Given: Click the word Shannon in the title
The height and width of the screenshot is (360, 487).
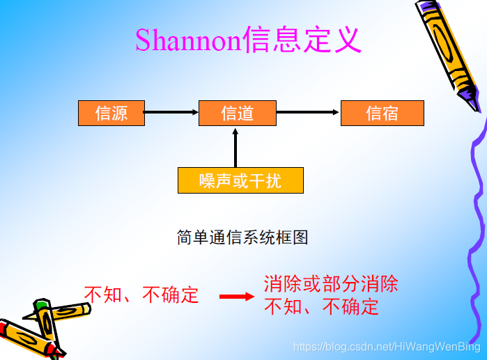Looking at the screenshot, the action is [187, 40].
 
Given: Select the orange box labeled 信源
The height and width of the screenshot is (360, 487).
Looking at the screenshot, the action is [111, 113].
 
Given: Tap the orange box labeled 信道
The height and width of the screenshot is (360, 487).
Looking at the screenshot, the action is [237, 113].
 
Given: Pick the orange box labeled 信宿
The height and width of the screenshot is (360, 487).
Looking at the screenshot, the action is [382, 113].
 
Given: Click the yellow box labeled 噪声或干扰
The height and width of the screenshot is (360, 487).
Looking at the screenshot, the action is [240, 180].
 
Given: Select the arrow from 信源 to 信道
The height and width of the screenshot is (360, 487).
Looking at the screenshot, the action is [171, 112].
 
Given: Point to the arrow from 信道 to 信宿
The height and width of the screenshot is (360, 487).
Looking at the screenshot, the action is [308, 112].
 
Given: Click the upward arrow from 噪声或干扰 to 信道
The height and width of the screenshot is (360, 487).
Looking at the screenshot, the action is [235, 147].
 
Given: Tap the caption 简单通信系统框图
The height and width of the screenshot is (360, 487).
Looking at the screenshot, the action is [242, 237].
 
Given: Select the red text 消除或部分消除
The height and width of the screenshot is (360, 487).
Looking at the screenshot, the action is [331, 284].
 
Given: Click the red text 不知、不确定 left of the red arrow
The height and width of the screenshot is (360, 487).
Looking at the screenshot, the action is [141, 295].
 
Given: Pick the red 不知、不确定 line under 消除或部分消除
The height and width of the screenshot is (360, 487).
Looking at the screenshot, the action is [321, 307].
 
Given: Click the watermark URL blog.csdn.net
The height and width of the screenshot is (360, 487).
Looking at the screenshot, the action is [387, 346].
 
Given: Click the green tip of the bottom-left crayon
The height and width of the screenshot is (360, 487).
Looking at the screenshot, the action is [42, 304].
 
